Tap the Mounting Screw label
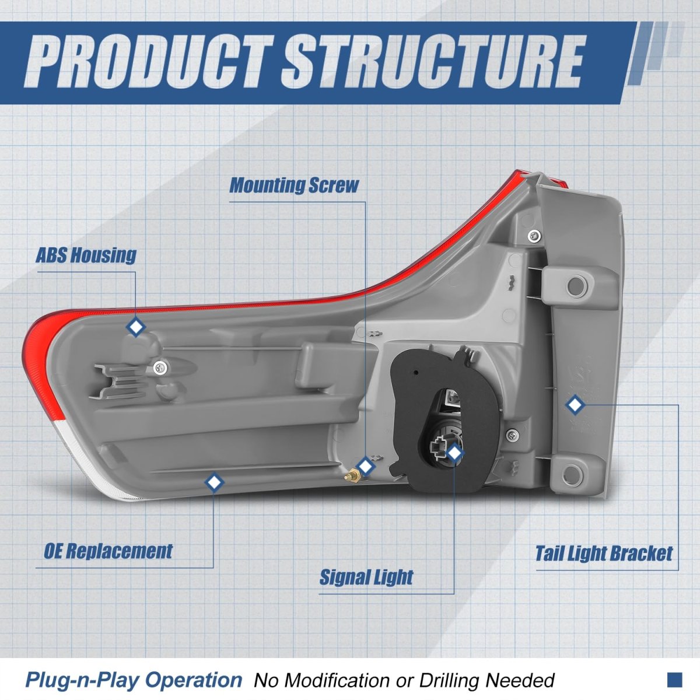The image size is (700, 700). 294,185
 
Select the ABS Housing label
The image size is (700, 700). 86,255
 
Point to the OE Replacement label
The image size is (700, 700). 108,551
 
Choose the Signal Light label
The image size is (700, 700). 366,577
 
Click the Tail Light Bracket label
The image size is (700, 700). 604,553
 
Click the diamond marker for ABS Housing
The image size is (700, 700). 136,327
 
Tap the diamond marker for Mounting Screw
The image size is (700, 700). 365,466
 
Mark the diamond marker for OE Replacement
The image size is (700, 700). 215,482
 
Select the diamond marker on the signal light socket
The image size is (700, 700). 454,452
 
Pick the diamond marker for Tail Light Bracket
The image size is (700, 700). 575,404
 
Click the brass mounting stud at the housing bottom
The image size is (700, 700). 352,477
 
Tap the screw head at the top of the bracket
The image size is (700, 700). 532,236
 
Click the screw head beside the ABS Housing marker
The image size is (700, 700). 160,367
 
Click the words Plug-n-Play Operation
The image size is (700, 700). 133,680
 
